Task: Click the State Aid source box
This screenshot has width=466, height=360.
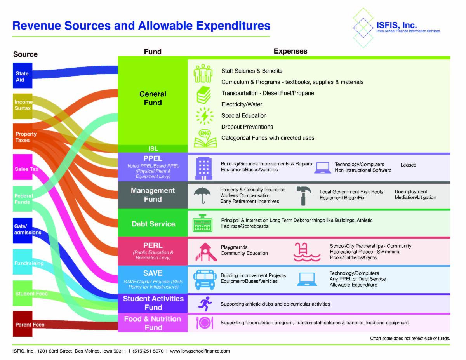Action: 22,76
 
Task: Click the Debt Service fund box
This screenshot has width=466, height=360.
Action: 153,224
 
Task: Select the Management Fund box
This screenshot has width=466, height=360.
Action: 153,195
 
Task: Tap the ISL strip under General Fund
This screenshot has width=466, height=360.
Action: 153,148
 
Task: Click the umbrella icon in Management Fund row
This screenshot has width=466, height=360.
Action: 202,195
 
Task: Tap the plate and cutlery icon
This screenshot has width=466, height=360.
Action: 204,323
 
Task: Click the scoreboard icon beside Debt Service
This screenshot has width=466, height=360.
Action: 202,223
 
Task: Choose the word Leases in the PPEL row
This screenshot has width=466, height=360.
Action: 408,165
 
